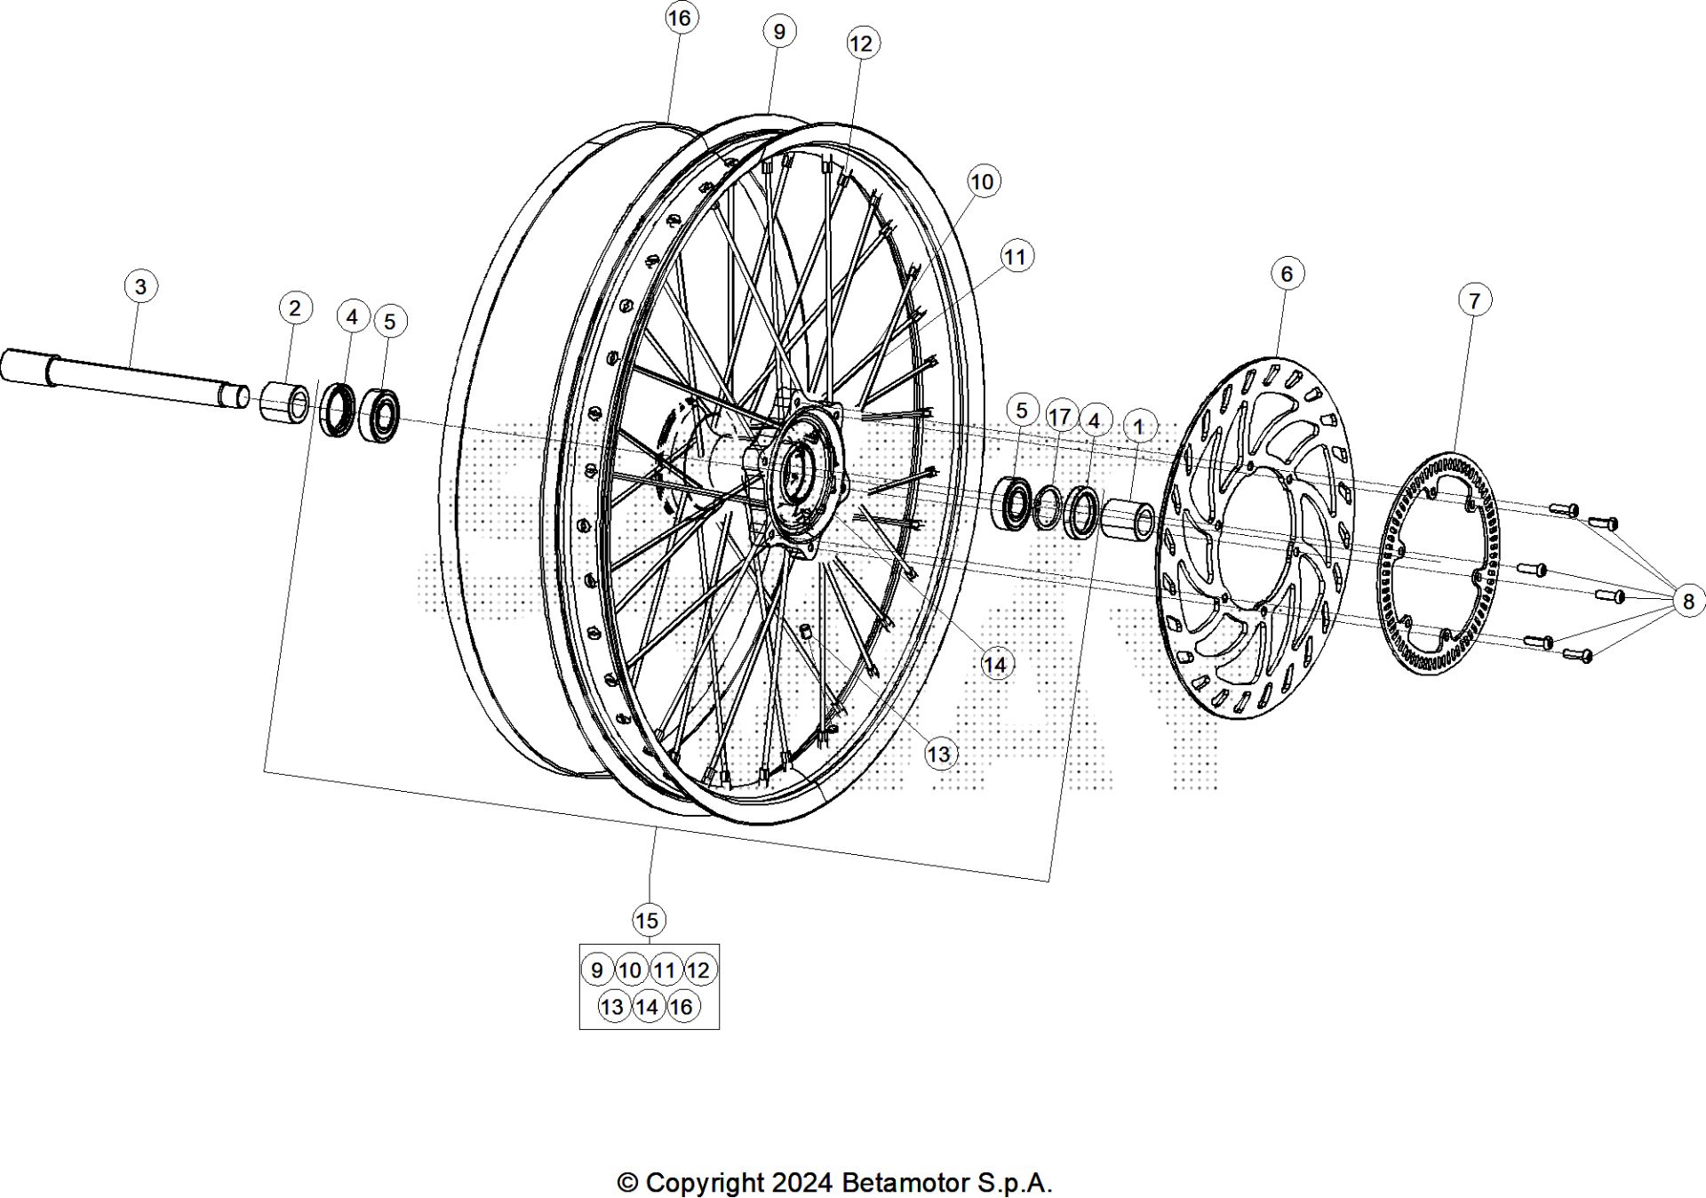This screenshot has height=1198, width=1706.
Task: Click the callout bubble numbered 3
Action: coord(140,287)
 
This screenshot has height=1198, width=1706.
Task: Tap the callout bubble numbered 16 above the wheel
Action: coord(679,19)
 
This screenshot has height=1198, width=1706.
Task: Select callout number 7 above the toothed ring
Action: coord(1474,300)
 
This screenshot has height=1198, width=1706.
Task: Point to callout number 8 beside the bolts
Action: coord(1688,602)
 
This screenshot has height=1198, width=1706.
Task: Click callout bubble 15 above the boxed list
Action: coord(648,920)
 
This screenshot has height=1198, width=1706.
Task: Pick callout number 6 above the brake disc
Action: coord(1287,273)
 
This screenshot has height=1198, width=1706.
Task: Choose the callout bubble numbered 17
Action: coord(1059,417)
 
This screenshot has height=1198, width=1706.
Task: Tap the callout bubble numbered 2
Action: coord(295,308)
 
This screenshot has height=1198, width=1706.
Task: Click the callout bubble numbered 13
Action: coord(939,755)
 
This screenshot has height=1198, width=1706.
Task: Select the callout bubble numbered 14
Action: coord(995,664)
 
